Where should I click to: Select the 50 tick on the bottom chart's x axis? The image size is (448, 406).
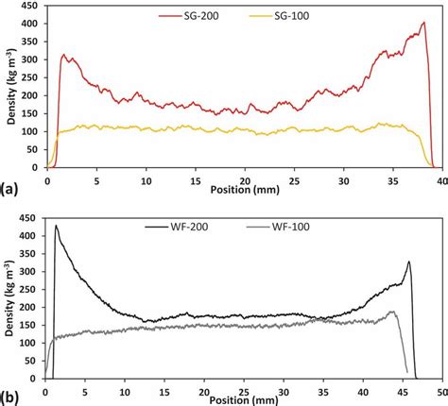point(439,387)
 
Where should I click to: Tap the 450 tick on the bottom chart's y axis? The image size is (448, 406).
point(31,216)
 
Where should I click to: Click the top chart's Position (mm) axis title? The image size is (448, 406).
point(240,189)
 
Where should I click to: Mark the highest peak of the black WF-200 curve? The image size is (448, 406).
point(56,226)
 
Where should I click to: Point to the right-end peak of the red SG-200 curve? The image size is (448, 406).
point(422,22)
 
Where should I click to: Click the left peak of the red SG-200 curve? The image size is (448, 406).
point(64,55)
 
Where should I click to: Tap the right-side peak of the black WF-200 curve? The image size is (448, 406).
point(408,262)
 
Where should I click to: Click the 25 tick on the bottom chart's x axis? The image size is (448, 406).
point(243,387)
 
